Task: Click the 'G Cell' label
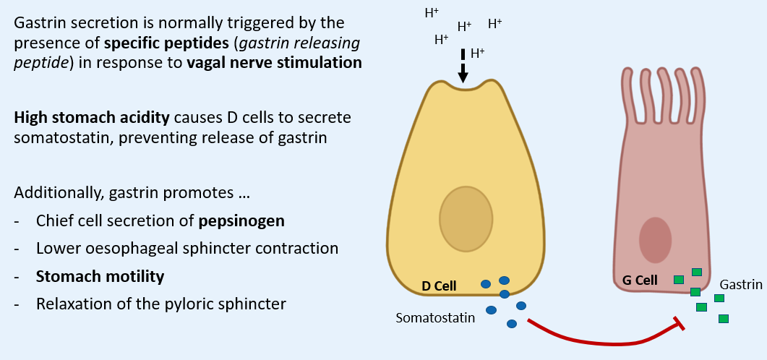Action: click(x=640, y=280)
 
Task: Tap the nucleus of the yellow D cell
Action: click(x=466, y=218)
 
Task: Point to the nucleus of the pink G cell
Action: click(x=655, y=240)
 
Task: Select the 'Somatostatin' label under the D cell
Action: click(x=435, y=317)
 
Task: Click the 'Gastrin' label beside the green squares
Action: click(x=740, y=285)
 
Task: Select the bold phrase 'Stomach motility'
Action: click(x=100, y=276)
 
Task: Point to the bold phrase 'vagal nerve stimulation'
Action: click(x=274, y=63)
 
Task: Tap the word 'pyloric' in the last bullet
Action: click(x=179, y=304)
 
